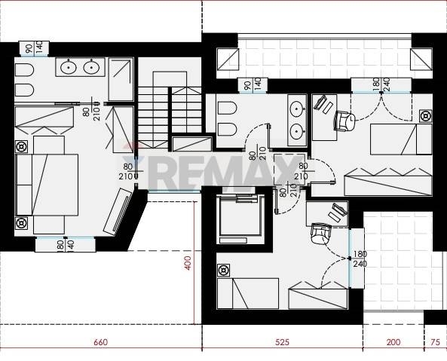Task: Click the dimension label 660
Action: pos(101,341)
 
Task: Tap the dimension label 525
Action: pos(282,341)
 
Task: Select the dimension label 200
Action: pos(393,341)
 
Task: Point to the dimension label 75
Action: pos(435,341)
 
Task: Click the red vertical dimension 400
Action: pos(188,263)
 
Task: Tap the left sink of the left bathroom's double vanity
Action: pos(69,67)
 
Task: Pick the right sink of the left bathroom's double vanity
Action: pos(91,67)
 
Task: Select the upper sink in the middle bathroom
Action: pos(297,109)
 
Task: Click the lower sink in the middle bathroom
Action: pos(297,131)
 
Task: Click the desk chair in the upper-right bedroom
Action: pos(344,121)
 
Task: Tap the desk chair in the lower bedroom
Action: pos(321,233)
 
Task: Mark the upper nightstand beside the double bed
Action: pos(21,147)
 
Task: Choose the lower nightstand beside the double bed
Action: pos(21,223)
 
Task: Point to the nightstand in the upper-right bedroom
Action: pos(426,116)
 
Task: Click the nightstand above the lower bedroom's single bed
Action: pos(223,270)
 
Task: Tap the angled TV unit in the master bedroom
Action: pos(118,212)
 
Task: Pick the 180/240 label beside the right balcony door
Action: pos(360,259)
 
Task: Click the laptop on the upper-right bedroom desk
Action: pos(320,102)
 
